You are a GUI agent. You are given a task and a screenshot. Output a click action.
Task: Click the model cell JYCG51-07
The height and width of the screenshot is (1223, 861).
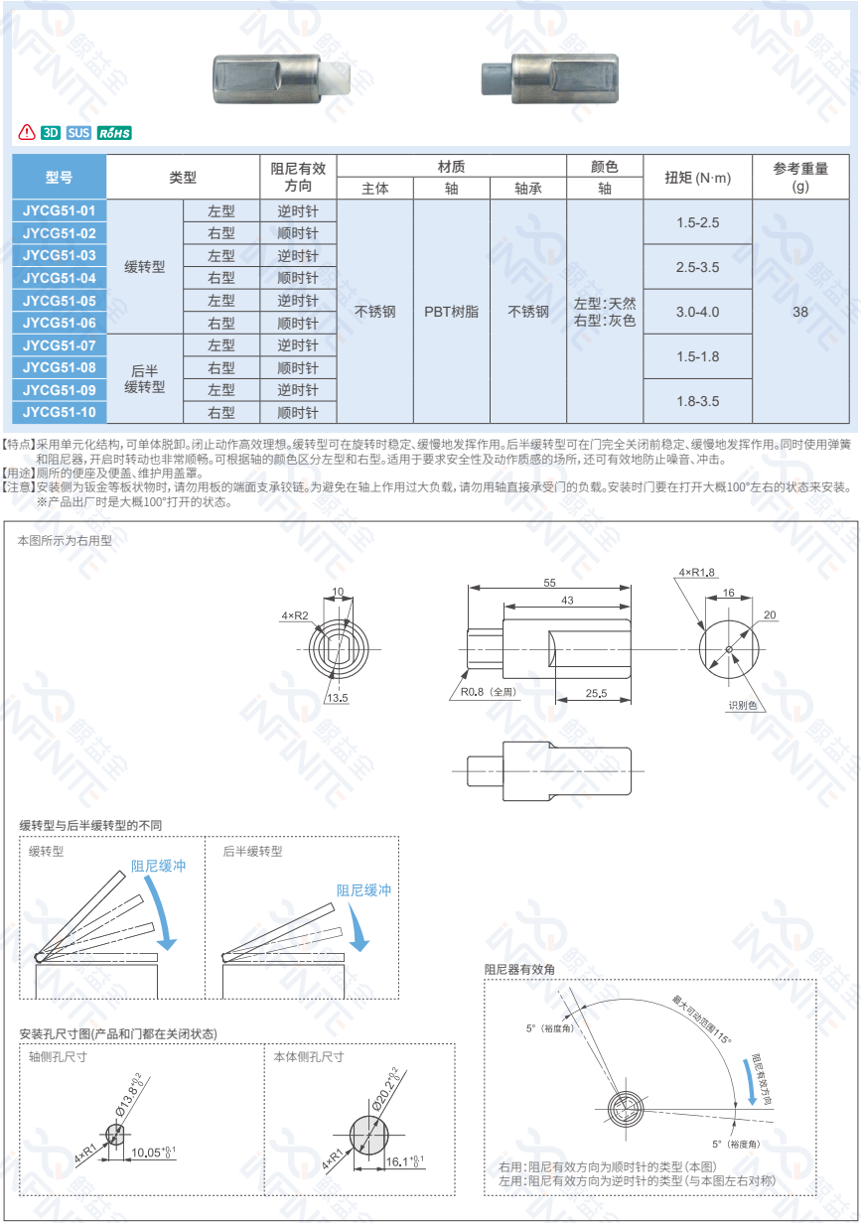pyautogui.click(x=59, y=345)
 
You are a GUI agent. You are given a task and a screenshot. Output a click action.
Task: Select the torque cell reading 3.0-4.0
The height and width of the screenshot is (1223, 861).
pyautogui.click(x=697, y=312)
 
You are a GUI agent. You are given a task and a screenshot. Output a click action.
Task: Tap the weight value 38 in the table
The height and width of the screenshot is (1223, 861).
pyautogui.click(x=800, y=312)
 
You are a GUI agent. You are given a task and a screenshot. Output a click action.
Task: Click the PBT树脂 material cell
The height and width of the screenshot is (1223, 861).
pyautogui.click(x=451, y=312)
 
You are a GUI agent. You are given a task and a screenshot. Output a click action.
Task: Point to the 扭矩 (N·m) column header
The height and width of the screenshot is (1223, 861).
pyautogui.click(x=697, y=178)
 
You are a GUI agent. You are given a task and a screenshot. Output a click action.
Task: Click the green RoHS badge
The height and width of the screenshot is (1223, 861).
pyautogui.click(x=114, y=133)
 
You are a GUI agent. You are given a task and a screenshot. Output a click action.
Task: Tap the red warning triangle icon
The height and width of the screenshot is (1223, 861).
pyautogui.click(x=27, y=132)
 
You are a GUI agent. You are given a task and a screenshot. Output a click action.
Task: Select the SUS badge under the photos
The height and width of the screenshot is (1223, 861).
pyautogui.click(x=78, y=133)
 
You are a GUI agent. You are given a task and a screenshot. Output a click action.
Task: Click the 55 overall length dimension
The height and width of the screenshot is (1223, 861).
pyautogui.click(x=549, y=583)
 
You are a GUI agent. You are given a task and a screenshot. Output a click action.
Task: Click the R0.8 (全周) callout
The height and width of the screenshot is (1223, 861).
pyautogui.click(x=491, y=692)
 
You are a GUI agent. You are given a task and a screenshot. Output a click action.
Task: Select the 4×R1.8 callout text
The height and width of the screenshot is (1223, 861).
pyautogui.click(x=697, y=573)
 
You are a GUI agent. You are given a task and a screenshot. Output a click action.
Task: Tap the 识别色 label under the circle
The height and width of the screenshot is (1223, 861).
pyautogui.click(x=741, y=705)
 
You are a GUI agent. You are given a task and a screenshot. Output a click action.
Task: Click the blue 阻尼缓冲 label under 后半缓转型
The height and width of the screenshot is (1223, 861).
pyautogui.click(x=363, y=890)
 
